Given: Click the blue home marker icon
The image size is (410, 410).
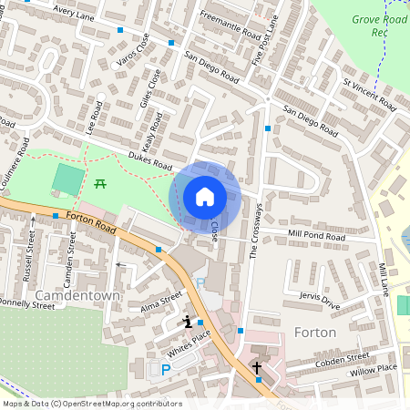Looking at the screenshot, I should [205, 196].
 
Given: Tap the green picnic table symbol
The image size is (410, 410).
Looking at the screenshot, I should [100, 183].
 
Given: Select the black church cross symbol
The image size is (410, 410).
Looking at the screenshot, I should [257, 368].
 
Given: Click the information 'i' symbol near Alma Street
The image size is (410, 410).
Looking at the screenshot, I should [187, 321].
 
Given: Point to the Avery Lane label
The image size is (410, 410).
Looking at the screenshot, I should [75, 10].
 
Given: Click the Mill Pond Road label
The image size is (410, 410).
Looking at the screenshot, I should [317, 236].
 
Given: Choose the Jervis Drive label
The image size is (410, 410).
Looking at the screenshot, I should [319, 302].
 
